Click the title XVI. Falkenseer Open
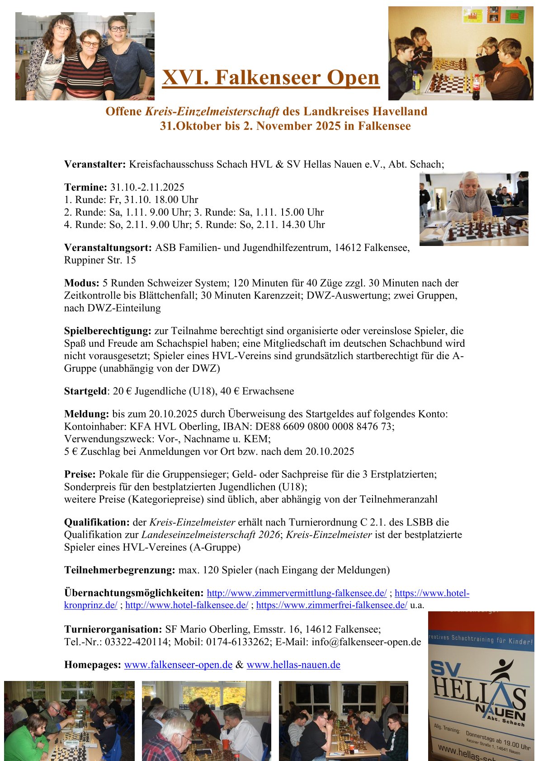[x=270, y=77]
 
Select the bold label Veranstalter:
[x=94, y=164]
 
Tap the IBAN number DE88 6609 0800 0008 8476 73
[x=324, y=426]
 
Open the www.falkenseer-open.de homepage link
[x=178, y=665]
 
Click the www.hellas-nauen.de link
[x=293, y=665]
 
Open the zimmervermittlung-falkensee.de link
[x=297, y=593]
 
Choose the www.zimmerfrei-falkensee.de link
[x=331, y=605]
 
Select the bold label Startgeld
[x=85, y=391]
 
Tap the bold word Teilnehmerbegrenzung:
[x=119, y=570]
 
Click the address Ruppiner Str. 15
[x=100, y=260]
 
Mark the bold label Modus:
[x=81, y=284]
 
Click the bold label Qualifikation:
[x=97, y=523]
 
